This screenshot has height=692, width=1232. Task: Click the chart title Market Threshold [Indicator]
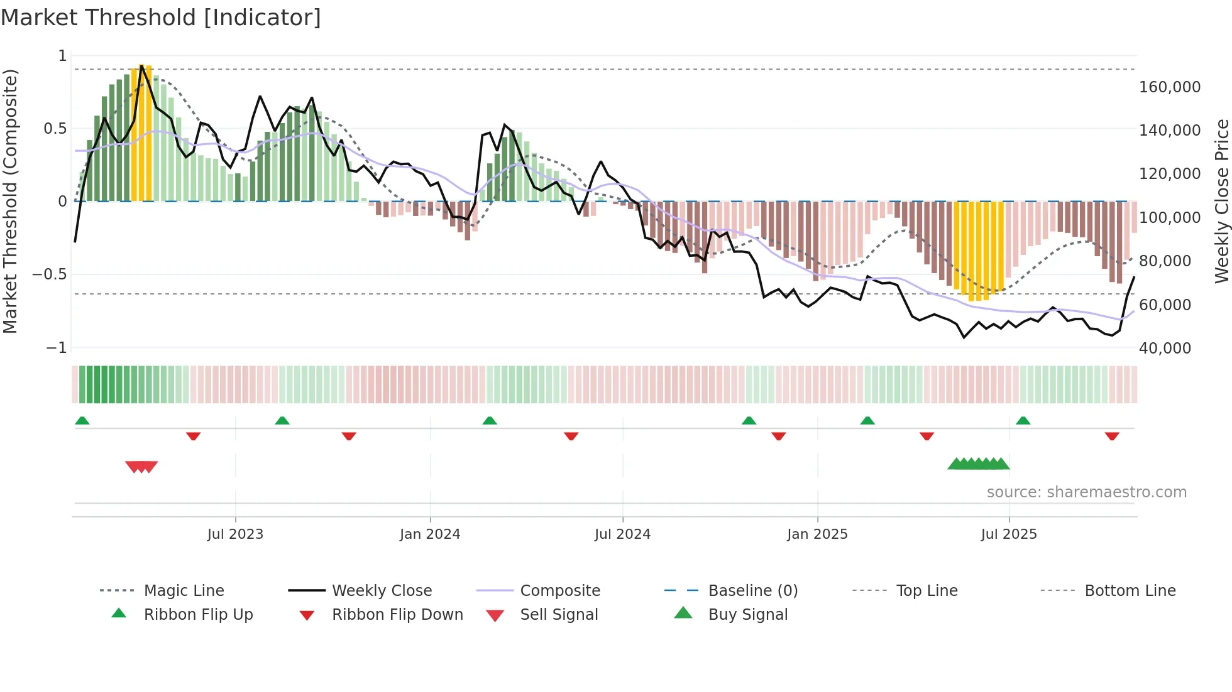pos(161,18)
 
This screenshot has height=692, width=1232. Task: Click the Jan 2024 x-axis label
pos(430,534)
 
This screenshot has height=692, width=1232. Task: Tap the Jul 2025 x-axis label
pos(1008,534)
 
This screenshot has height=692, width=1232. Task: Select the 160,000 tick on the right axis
pos(1169,87)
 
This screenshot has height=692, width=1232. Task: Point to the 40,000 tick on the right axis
pos(1165,349)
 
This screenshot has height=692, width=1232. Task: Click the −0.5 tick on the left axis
pos(50,274)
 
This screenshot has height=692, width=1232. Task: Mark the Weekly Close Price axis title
pos(1221,201)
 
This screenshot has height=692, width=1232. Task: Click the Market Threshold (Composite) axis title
pos(11,201)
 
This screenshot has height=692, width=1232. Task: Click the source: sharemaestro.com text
pos(1086,492)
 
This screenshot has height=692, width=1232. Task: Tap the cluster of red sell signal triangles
pos(141,467)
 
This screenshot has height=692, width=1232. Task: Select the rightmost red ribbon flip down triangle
pos(1111,436)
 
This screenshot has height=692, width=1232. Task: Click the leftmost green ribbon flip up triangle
pos(82,421)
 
